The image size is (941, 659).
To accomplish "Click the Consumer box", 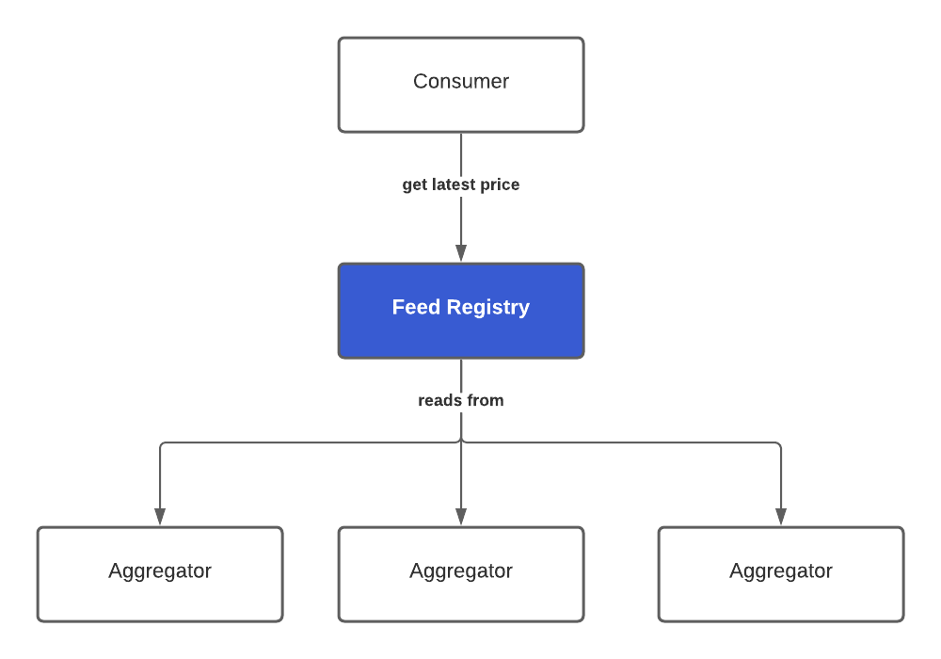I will coord(461,85).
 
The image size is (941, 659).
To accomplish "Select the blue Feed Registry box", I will coord(461,311).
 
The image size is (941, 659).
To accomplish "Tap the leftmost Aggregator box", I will coord(160,574).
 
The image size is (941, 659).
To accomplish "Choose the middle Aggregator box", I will coord(461,574).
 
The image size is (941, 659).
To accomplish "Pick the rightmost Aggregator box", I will coord(781,574).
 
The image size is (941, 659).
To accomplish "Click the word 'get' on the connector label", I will coord(415,185).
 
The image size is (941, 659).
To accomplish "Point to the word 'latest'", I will coord(454,185).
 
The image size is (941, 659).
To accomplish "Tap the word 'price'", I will coord(500,185).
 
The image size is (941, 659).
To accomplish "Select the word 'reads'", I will coord(439,400).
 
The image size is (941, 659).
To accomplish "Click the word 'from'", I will coord(485,400).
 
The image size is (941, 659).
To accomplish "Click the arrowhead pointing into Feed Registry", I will coord(461,253).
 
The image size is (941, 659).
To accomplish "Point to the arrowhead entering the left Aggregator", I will coord(160,517).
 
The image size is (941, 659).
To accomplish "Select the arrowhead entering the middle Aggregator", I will coord(461,517).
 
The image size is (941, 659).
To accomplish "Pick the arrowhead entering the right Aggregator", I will coord(781,517).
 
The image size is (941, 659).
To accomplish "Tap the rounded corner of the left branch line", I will coord(162,444).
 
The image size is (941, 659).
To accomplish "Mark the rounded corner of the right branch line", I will coord(779,444).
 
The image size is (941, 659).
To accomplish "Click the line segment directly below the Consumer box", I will coord(461,151).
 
